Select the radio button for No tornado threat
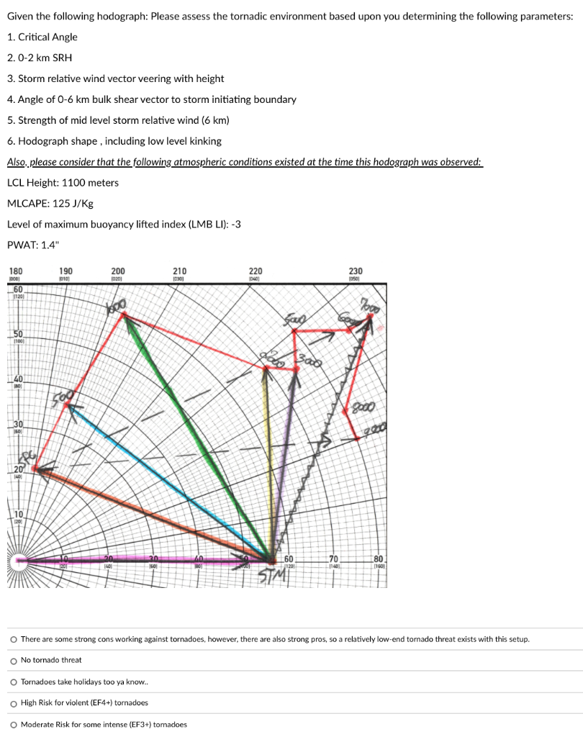(x=14, y=660)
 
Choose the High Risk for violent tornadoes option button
(x=14, y=702)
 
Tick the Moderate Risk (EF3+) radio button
(x=14, y=724)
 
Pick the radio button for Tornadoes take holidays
(x=14, y=682)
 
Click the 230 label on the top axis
(x=356, y=271)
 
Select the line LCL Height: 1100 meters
(x=63, y=182)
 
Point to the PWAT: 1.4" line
(x=33, y=245)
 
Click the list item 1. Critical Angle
(x=42, y=37)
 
